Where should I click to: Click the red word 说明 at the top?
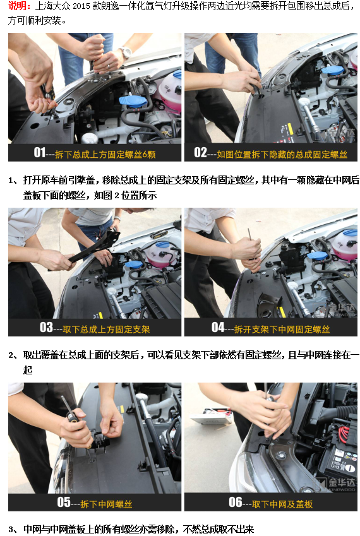(x=18, y=6)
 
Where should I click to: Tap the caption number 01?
(x=40, y=153)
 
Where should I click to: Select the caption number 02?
(x=201, y=153)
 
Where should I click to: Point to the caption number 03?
(x=46, y=328)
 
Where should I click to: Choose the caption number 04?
(x=218, y=328)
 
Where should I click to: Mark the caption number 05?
(x=64, y=503)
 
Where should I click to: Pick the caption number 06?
(x=235, y=503)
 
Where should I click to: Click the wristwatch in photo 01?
(x=126, y=53)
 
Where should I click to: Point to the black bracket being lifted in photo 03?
(x=95, y=247)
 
